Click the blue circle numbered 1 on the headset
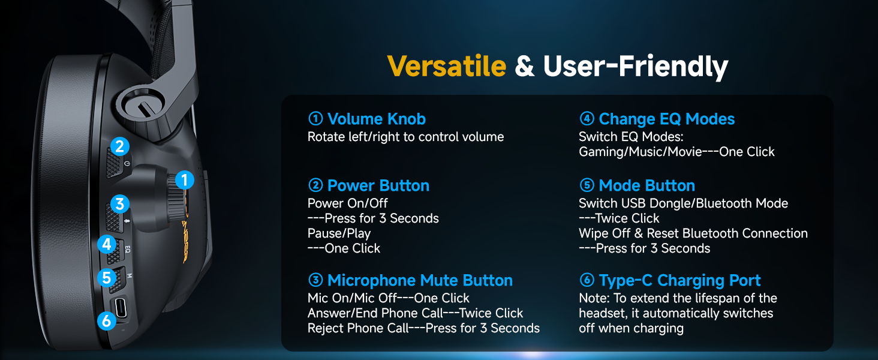pos(184,180)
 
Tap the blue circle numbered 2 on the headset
pos(119,146)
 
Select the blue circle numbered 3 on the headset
pos(119,204)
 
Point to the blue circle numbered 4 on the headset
pos(107,244)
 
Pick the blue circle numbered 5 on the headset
pos(107,278)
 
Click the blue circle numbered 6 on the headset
pos(107,321)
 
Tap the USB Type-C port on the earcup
pos(121,308)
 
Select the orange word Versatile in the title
pos(446,66)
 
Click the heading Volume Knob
pos(376,119)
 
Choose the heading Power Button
pos(378,185)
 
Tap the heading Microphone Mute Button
pos(420,280)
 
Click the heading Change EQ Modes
pos(667,119)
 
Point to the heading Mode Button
pos(647,185)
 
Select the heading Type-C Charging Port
pos(679,281)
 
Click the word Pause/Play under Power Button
pos(339,234)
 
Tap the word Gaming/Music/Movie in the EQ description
pos(640,152)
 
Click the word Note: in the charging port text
pos(594,298)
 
